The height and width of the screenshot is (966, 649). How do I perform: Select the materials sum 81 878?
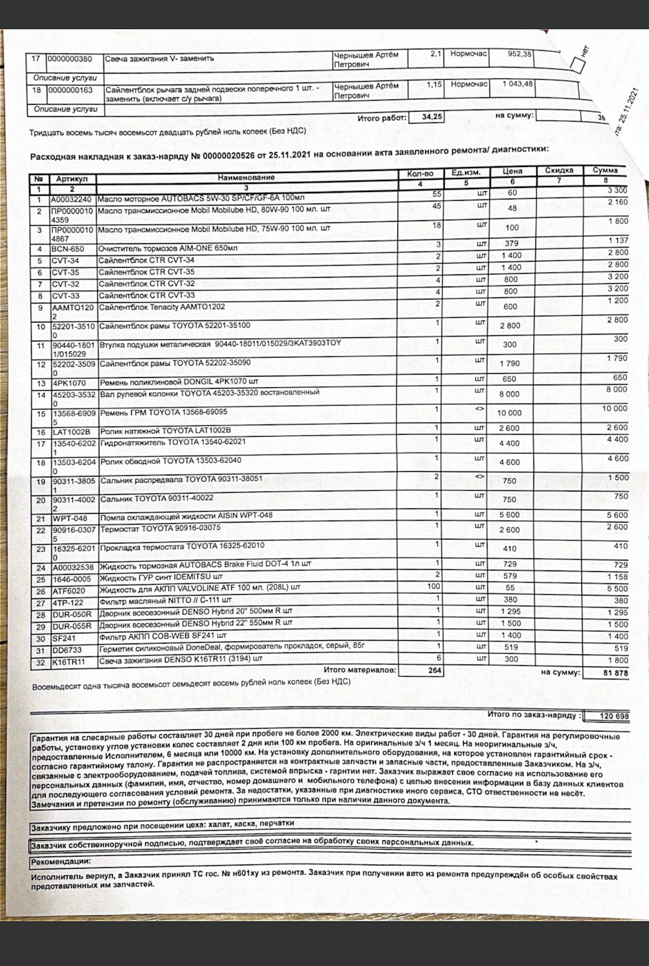[615, 673]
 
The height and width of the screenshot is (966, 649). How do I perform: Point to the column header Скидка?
[559, 171]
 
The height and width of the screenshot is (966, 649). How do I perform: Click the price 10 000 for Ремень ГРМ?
[509, 412]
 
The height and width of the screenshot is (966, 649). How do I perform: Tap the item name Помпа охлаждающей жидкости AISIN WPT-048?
[186, 516]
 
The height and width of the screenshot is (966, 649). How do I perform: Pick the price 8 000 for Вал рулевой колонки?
[509, 393]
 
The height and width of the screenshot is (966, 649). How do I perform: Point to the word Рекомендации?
[60, 862]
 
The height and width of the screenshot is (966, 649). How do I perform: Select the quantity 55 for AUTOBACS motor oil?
[436, 194]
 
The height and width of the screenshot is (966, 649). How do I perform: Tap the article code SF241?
[63, 637]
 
